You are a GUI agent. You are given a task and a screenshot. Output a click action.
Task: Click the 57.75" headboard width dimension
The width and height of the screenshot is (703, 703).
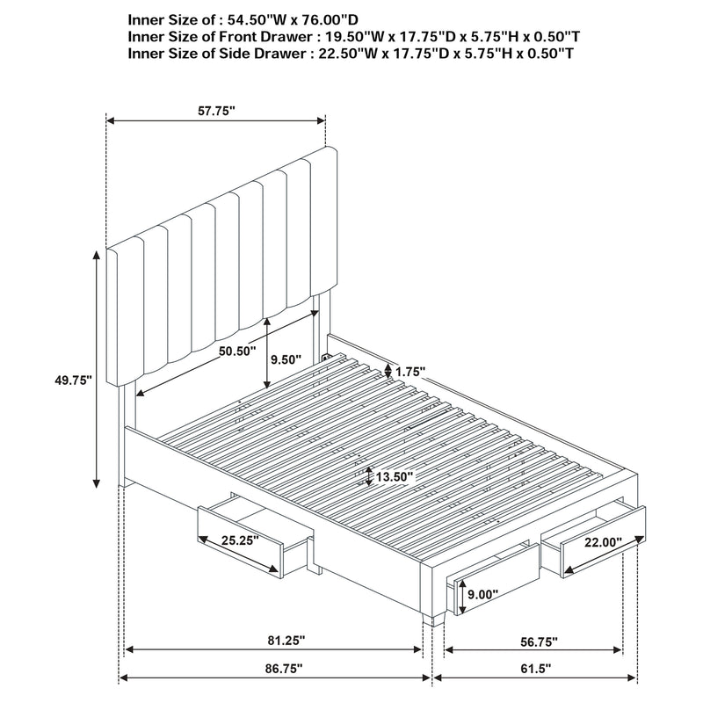point(216,111)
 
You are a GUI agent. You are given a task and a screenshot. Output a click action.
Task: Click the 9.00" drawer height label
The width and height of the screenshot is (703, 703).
point(481,594)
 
